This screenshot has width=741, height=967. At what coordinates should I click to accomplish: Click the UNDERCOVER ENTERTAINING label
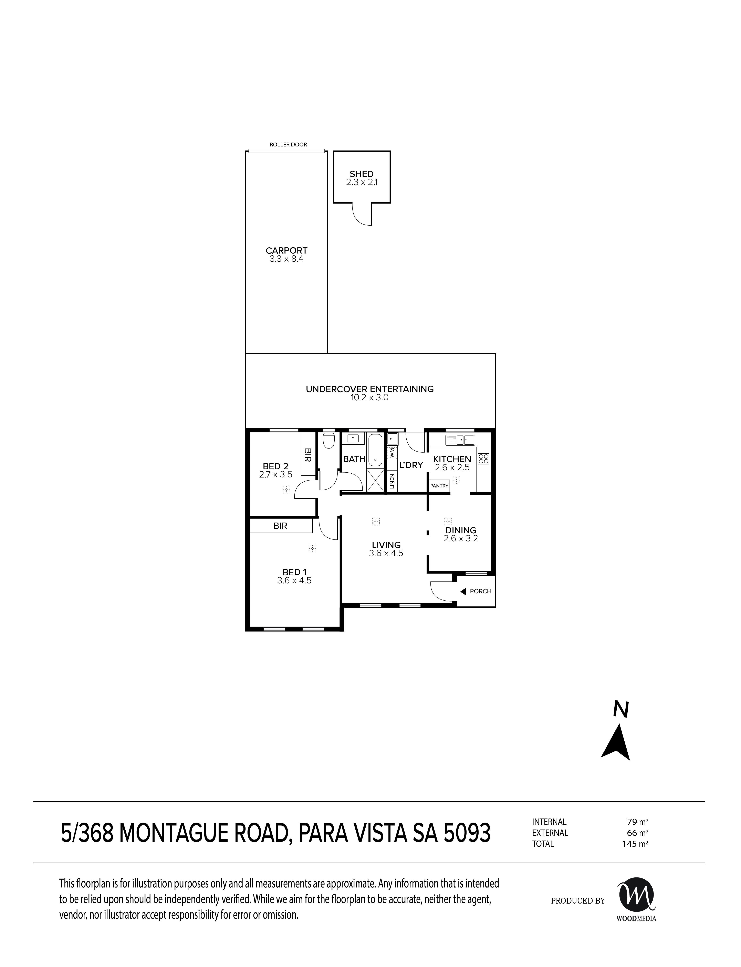pos(370,389)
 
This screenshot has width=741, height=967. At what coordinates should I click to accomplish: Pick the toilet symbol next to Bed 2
pos(328,441)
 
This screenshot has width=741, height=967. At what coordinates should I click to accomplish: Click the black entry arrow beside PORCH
pos(463,591)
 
